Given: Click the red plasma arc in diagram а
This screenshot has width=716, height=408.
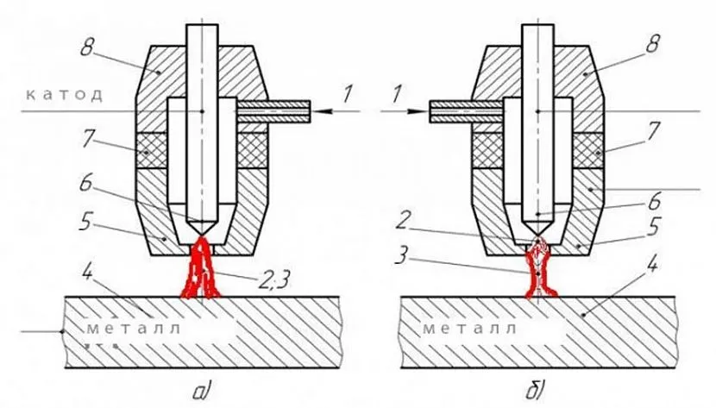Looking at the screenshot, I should point(202,274).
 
